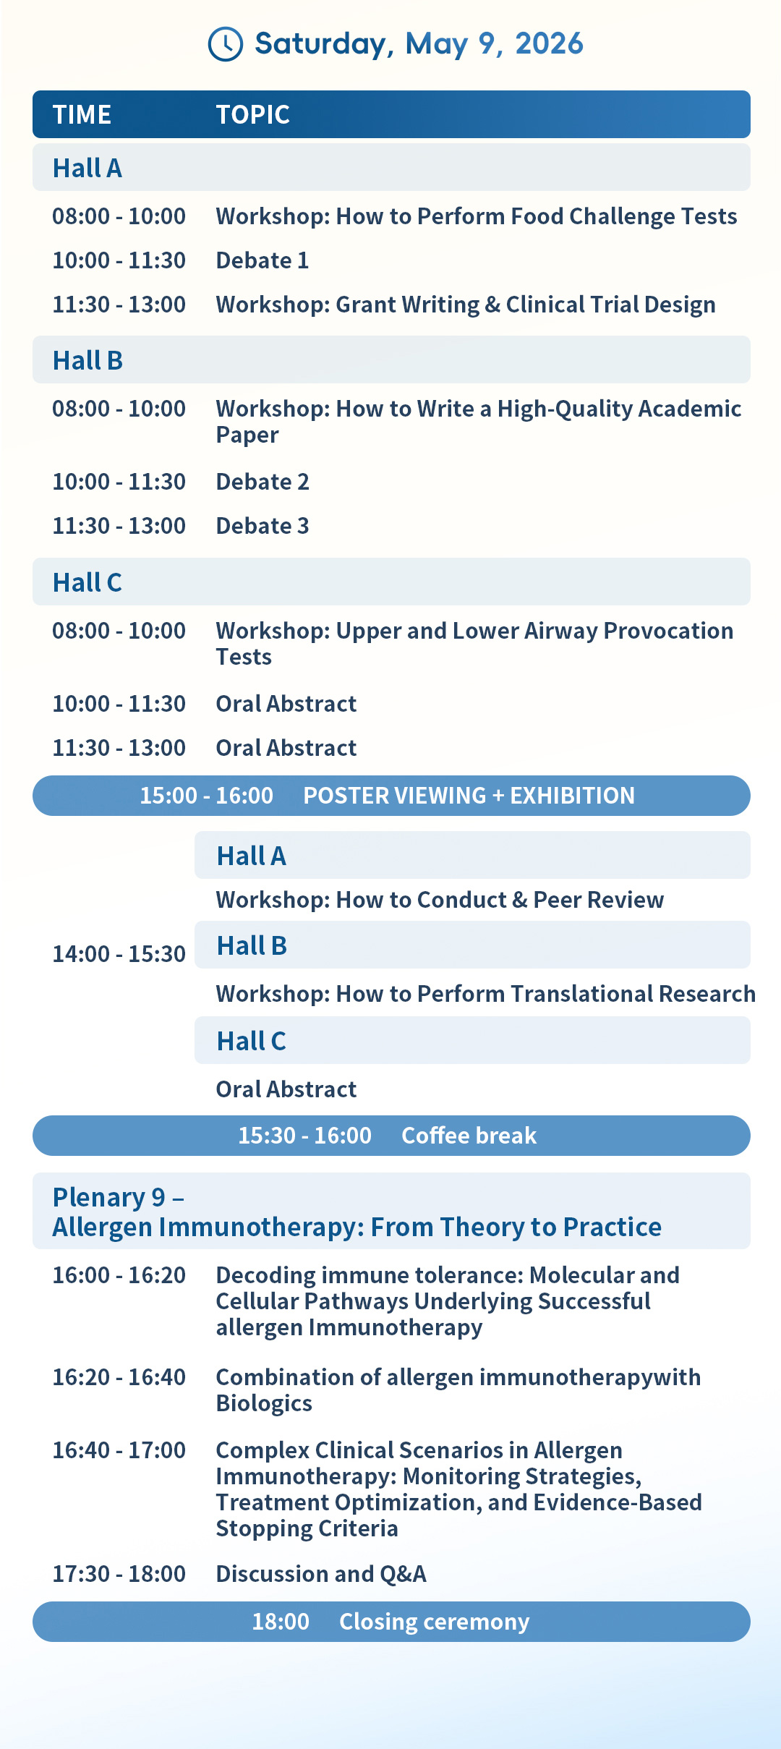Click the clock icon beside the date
coord(226,44)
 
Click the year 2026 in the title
coord(549,44)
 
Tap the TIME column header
coord(82,114)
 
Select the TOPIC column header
coord(252,114)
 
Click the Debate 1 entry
coord(263,260)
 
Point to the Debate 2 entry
coord(263,482)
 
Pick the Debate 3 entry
coord(263,526)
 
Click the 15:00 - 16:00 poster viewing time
coord(206,796)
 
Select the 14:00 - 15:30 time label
coord(119,954)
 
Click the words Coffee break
coord(469,1136)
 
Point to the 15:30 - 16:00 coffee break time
coord(304,1136)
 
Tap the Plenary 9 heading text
coord(118,1198)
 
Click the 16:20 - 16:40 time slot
coord(119,1377)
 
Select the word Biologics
coord(264,1404)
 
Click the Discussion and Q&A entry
coord(321,1574)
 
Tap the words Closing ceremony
coord(435,1622)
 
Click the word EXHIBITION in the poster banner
coord(573,796)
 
